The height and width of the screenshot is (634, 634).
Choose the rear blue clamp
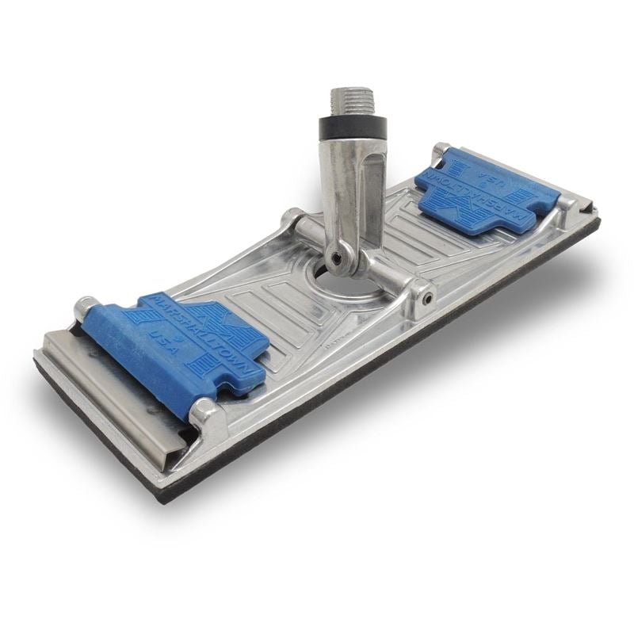tap(475, 190)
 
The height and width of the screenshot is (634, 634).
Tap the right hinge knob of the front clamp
tap(208, 413)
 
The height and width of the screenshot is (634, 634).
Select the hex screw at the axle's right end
tap(427, 296)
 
